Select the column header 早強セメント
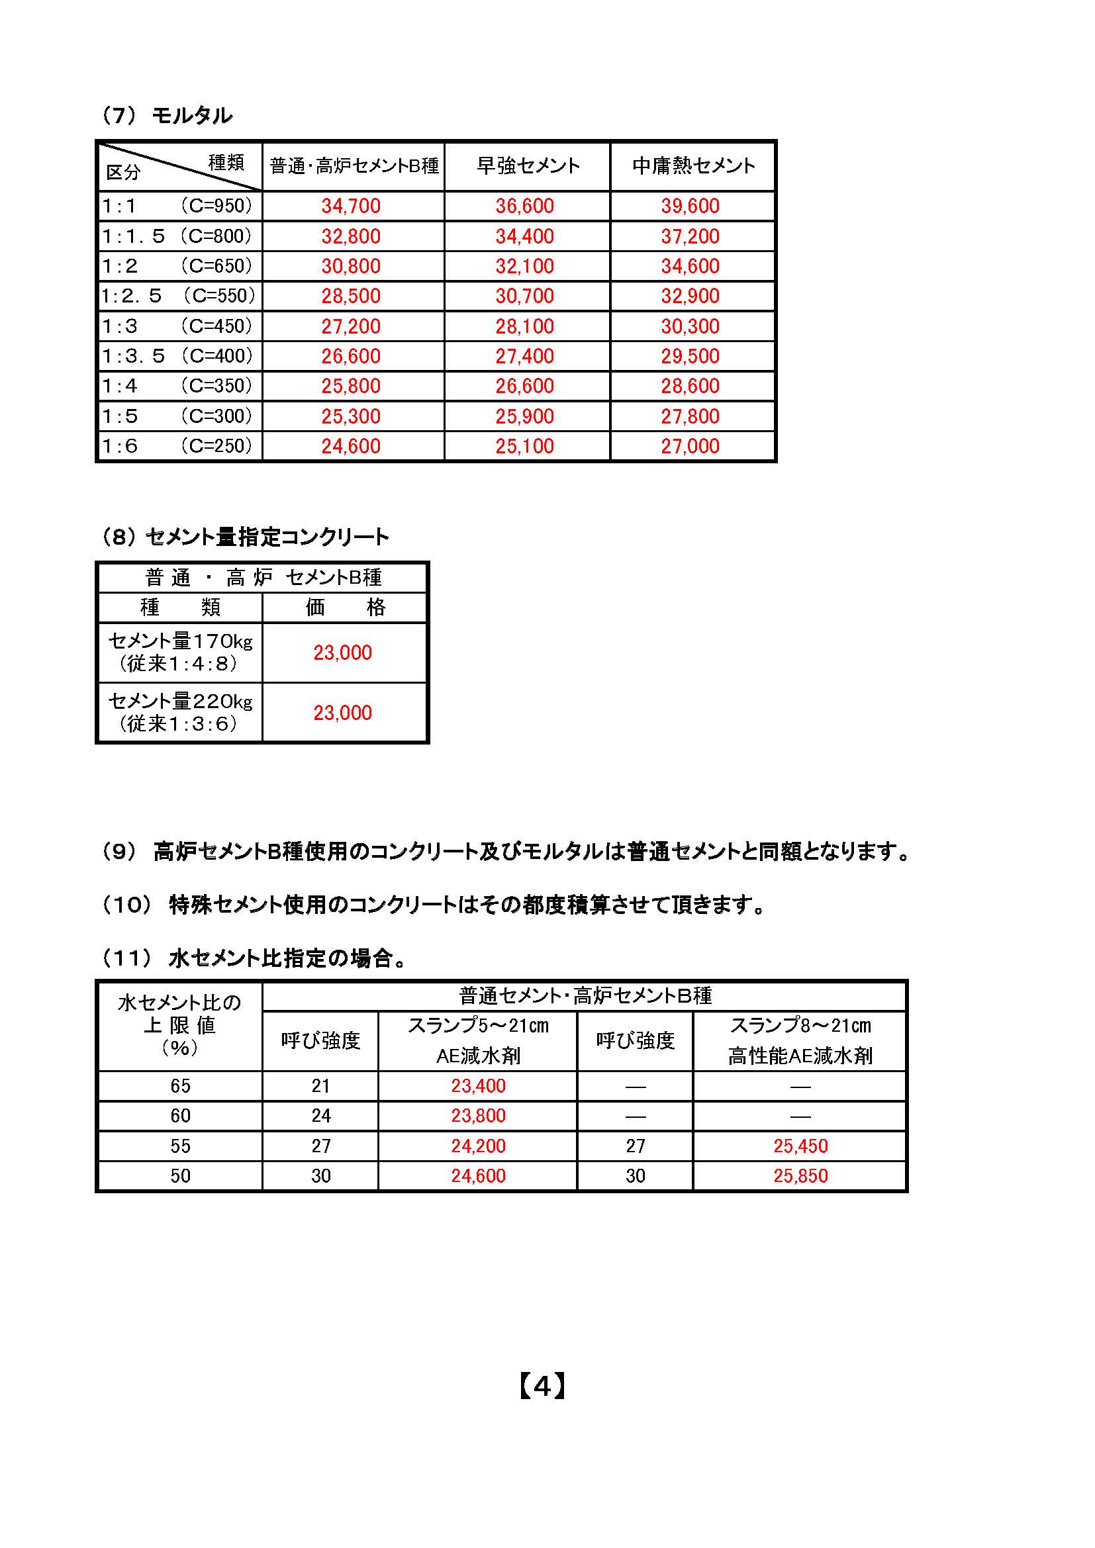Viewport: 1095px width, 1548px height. click(528, 166)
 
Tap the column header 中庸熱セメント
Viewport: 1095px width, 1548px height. click(693, 166)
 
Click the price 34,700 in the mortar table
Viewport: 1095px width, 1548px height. click(351, 206)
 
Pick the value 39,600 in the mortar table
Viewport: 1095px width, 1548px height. click(690, 206)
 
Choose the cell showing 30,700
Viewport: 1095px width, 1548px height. click(524, 296)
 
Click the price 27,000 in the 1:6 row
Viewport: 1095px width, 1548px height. click(690, 446)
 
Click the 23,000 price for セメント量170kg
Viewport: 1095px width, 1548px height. click(342, 653)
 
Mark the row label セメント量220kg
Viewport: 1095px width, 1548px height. click(180, 702)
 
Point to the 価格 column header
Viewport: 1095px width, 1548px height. click(344, 608)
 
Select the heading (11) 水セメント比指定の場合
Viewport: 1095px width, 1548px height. click(254, 958)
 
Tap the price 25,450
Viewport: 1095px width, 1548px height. click(800, 1146)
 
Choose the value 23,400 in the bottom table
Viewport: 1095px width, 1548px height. click(478, 1086)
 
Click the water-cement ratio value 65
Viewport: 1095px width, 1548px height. click(180, 1086)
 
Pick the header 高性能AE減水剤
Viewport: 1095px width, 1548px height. click(800, 1056)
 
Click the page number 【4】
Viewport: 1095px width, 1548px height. click(543, 1387)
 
